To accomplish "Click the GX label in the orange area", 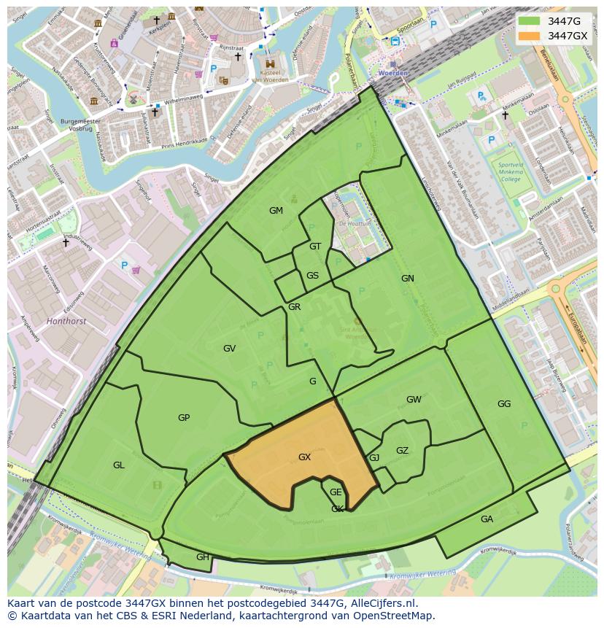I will tap(305, 457).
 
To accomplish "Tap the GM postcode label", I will tap(276, 211).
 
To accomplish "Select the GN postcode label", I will tap(407, 279).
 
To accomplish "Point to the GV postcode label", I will tap(230, 349).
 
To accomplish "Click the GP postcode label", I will tap(184, 418).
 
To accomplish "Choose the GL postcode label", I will tap(119, 465).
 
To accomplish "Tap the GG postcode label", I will tap(504, 404).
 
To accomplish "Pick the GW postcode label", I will tap(414, 400).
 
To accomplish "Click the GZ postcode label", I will tap(402, 451).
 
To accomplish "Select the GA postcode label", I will tap(487, 519).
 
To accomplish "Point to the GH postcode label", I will tap(202, 557).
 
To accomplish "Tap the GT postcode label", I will tap(315, 247).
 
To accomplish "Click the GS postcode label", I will tap(312, 276).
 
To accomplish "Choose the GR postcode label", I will tap(294, 307).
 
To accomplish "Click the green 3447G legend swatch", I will tap(529, 21).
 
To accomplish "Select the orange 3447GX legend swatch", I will tap(529, 36).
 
